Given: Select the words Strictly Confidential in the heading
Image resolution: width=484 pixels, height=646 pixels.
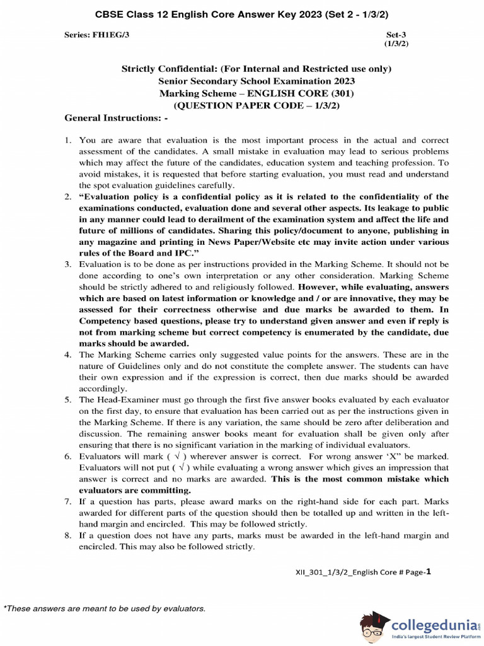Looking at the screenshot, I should (170, 69).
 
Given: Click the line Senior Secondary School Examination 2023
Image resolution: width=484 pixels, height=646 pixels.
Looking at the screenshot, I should (256, 81).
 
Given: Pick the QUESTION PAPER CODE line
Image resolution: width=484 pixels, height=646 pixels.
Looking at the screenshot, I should (256, 105).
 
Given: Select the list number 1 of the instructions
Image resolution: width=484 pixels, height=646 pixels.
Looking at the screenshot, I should (69, 140).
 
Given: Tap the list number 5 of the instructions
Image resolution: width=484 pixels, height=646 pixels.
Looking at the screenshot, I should (69, 401).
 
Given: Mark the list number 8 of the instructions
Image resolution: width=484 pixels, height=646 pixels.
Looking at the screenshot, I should (69, 536).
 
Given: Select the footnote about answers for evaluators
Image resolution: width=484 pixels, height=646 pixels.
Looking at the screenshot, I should (105, 608).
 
